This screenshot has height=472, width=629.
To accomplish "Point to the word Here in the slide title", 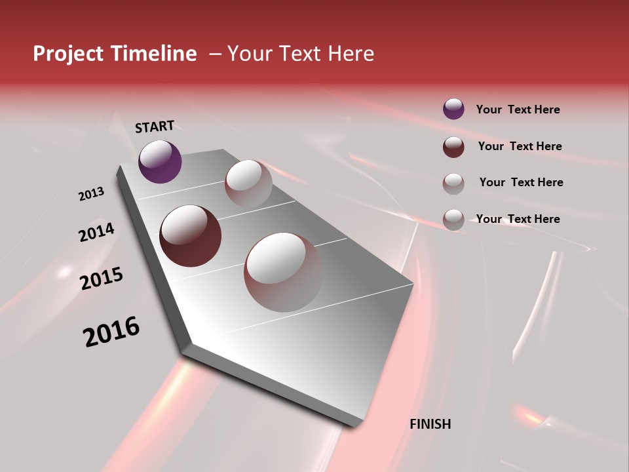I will click(x=351, y=54).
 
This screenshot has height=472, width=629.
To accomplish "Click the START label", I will click(x=155, y=127).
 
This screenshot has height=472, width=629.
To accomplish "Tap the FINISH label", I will click(x=430, y=424).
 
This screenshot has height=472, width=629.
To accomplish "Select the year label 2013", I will click(x=92, y=194).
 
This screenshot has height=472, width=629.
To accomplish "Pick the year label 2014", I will click(x=97, y=232).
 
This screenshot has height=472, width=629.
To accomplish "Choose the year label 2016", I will click(x=111, y=332).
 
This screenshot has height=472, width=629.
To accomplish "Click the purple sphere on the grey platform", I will click(x=160, y=161).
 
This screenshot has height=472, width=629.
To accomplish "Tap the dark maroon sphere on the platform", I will click(x=190, y=236).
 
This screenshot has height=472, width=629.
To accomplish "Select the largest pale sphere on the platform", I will click(x=284, y=272).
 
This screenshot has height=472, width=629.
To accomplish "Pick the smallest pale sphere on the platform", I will click(x=248, y=184).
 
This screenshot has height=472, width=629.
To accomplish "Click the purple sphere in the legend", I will click(x=453, y=109).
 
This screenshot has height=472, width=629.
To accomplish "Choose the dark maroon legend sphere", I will click(x=453, y=147).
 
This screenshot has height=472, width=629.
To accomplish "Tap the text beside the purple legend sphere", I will click(x=518, y=109).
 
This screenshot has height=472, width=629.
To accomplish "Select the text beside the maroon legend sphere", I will click(x=520, y=146).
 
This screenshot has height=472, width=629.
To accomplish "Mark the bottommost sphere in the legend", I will click(x=453, y=220).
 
